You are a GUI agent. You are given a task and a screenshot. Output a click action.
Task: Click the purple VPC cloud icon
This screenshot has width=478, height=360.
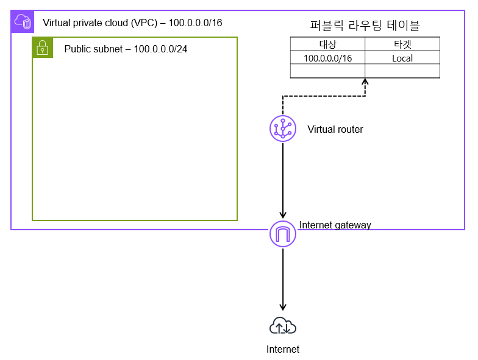[22, 22]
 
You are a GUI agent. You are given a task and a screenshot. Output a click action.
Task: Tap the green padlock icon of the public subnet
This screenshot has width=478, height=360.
[42, 48]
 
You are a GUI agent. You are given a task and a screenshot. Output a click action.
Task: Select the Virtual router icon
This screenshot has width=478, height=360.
[283, 129]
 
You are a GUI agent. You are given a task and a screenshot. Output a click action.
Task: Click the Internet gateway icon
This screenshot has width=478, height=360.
[283, 234]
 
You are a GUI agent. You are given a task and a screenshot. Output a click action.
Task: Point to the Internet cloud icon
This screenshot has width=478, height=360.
[283, 327]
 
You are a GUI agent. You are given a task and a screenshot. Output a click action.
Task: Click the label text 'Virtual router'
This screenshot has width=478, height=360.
[335, 129]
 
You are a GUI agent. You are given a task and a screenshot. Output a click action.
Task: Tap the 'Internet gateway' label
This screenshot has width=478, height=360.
[335, 225]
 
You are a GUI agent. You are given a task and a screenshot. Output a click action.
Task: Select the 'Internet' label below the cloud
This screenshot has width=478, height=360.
[283, 349]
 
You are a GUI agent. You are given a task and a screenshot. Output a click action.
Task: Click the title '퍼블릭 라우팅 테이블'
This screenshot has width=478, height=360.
[365, 26]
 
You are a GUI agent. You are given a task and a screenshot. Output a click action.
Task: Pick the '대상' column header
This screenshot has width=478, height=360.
[327, 44]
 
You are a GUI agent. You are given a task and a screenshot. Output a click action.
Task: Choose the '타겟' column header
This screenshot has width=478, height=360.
[402, 44]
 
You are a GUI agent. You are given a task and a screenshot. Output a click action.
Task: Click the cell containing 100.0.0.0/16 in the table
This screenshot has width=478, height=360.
[327, 58]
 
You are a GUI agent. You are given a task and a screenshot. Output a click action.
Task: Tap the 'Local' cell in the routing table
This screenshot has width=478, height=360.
[402, 58]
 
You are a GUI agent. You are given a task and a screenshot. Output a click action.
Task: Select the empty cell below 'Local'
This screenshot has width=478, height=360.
[402, 71]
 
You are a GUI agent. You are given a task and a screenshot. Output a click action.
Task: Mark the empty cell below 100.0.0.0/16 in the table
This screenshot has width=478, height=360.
[327, 71]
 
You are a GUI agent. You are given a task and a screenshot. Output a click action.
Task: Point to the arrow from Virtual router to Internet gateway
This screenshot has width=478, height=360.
[283, 177]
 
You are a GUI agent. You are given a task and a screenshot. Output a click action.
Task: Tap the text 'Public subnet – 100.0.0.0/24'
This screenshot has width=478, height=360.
[126, 49]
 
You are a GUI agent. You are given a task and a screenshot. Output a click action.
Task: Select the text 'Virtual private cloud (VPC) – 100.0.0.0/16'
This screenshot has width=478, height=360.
[132, 23]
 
